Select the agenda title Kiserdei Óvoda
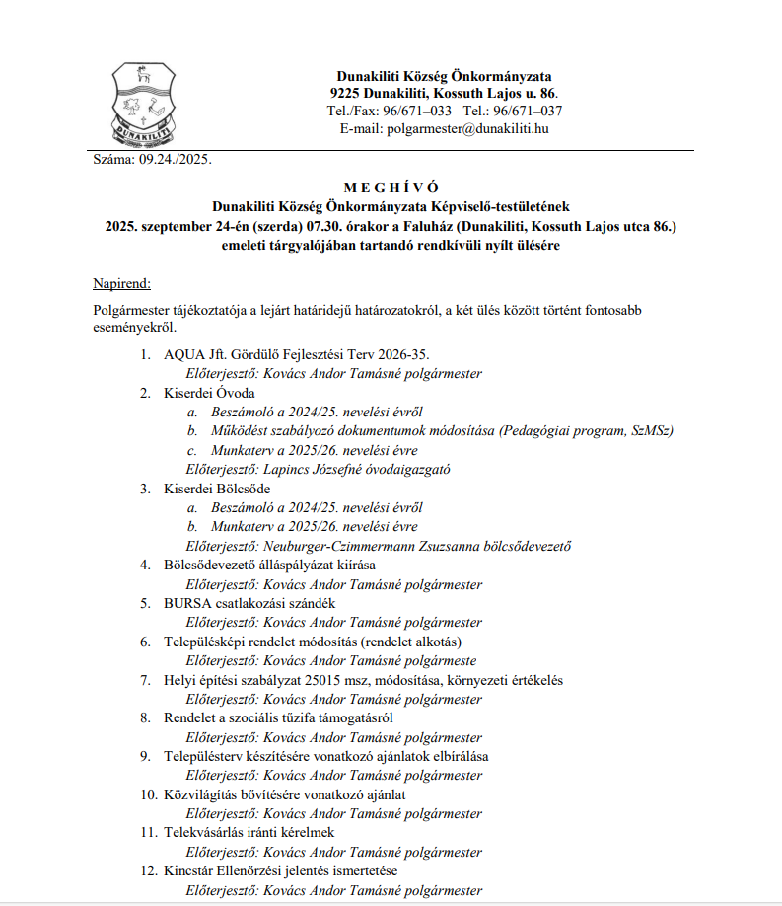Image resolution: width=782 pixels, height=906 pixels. point(209,393)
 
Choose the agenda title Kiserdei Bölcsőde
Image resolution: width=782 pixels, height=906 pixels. point(217,489)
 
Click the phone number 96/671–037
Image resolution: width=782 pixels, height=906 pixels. point(527,111)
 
